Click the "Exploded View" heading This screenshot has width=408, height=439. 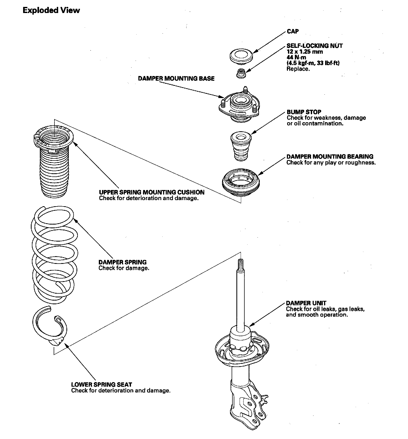click(51, 10)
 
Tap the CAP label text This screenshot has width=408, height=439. click(293, 31)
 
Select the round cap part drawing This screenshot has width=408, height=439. click(241, 56)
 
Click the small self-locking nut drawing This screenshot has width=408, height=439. click(241, 73)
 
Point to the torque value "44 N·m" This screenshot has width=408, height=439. click(296, 57)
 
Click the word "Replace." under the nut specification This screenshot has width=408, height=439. click(298, 69)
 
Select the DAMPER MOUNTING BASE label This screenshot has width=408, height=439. click(176, 79)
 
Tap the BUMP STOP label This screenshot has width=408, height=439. click(304, 112)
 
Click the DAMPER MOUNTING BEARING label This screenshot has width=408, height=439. click(330, 157)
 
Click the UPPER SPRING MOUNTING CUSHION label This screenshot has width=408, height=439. click(152, 192)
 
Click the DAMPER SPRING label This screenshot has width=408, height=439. click(122, 262)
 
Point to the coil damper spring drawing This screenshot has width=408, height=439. click(55, 255)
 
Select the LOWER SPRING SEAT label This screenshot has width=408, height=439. click(101, 384)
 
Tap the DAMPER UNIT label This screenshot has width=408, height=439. click(306, 303)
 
